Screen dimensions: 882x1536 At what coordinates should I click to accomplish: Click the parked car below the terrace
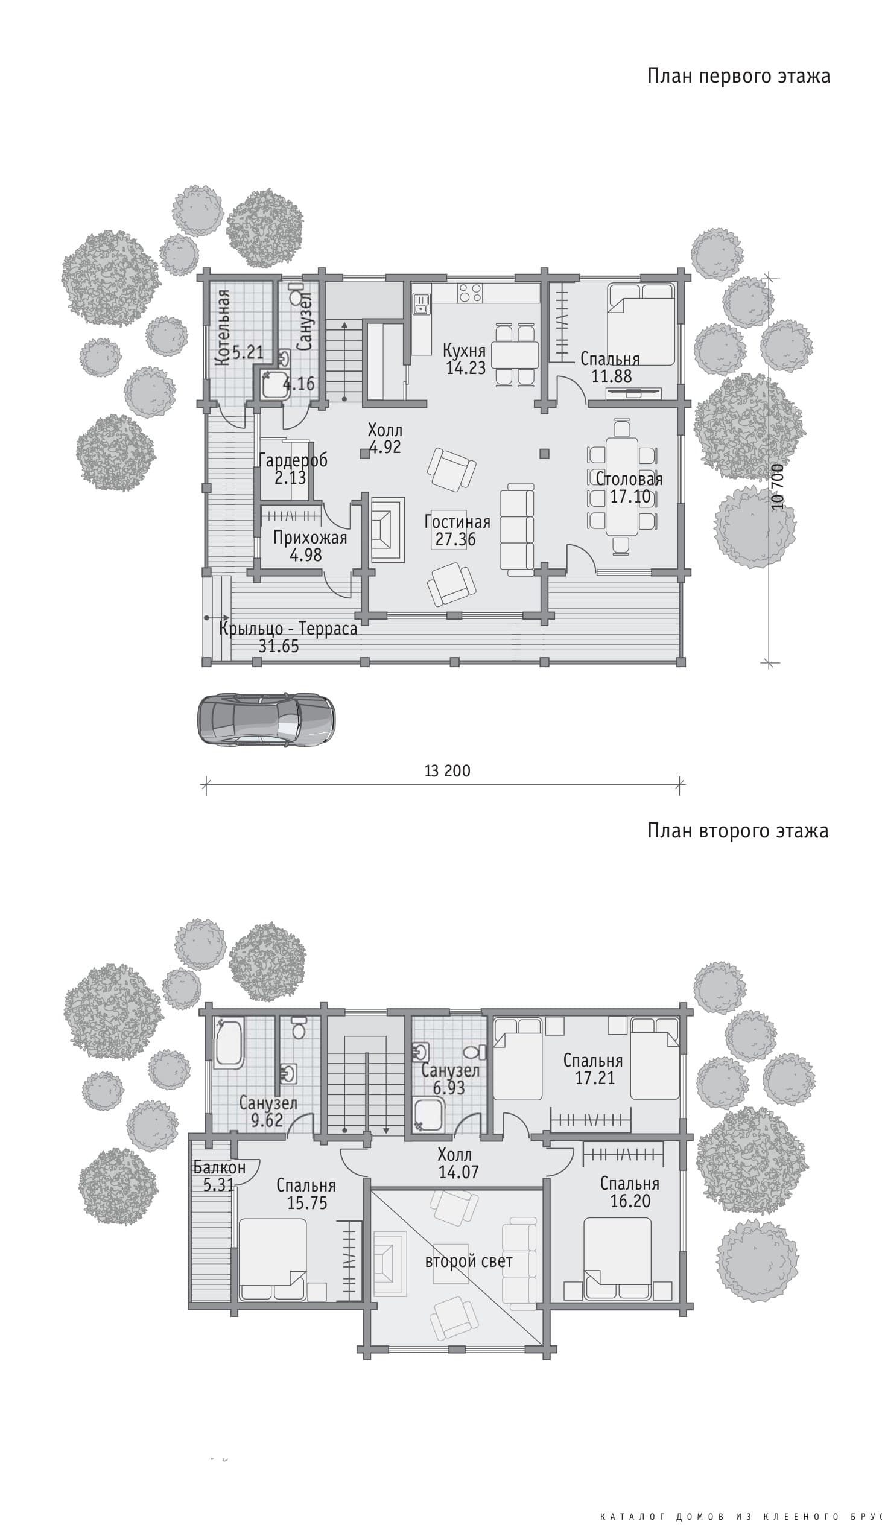[x=267, y=720]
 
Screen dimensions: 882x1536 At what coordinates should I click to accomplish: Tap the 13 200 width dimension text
[x=447, y=771]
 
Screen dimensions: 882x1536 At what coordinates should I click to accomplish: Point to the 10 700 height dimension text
[x=778, y=486]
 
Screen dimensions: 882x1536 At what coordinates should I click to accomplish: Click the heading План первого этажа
[x=738, y=76]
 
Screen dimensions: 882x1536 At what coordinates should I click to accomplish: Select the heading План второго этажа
[x=738, y=830]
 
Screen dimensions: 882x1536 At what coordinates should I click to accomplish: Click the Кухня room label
[x=464, y=350]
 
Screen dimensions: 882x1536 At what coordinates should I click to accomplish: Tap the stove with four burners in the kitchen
[x=470, y=293]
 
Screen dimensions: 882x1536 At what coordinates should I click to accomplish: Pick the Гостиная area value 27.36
[x=455, y=539]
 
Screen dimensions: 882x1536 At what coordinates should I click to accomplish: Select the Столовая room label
[x=629, y=479]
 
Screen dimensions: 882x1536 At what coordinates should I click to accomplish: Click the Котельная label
[x=223, y=327]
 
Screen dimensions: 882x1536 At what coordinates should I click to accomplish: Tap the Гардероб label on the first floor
[x=293, y=460]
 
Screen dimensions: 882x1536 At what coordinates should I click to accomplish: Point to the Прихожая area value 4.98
[x=306, y=555]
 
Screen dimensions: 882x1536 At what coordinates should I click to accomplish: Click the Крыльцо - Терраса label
[x=288, y=629]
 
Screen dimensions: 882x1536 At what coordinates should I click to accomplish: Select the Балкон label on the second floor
[x=219, y=1167]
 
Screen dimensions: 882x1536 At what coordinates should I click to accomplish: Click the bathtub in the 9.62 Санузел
[x=230, y=1043]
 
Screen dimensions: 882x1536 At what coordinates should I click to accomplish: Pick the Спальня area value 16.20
[x=630, y=1202]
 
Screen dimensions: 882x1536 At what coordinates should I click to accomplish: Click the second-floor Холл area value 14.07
[x=458, y=1172]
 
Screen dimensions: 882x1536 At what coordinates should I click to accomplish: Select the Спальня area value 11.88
[x=611, y=376]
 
